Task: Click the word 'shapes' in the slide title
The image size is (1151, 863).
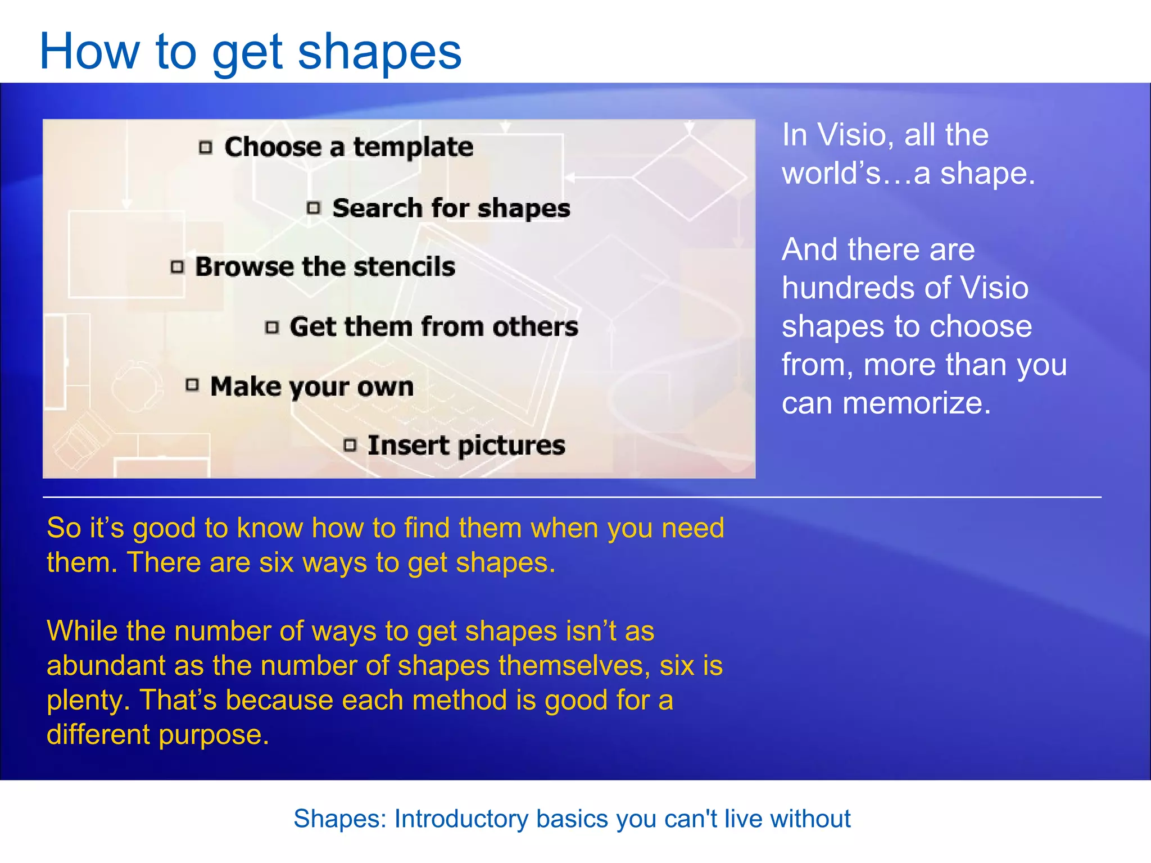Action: point(379,52)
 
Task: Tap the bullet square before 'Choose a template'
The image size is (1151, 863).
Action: point(206,147)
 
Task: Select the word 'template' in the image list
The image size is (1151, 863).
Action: point(413,147)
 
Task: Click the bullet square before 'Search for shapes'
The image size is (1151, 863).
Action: point(314,208)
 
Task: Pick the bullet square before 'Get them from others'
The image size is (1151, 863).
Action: point(272,327)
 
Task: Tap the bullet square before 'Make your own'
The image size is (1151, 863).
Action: point(192,385)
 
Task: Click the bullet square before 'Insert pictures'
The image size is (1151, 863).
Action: point(350,446)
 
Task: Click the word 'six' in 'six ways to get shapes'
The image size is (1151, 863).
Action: point(277,562)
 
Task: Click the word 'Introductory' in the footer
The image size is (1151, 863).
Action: point(460,819)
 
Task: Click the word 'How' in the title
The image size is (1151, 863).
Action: point(89,52)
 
